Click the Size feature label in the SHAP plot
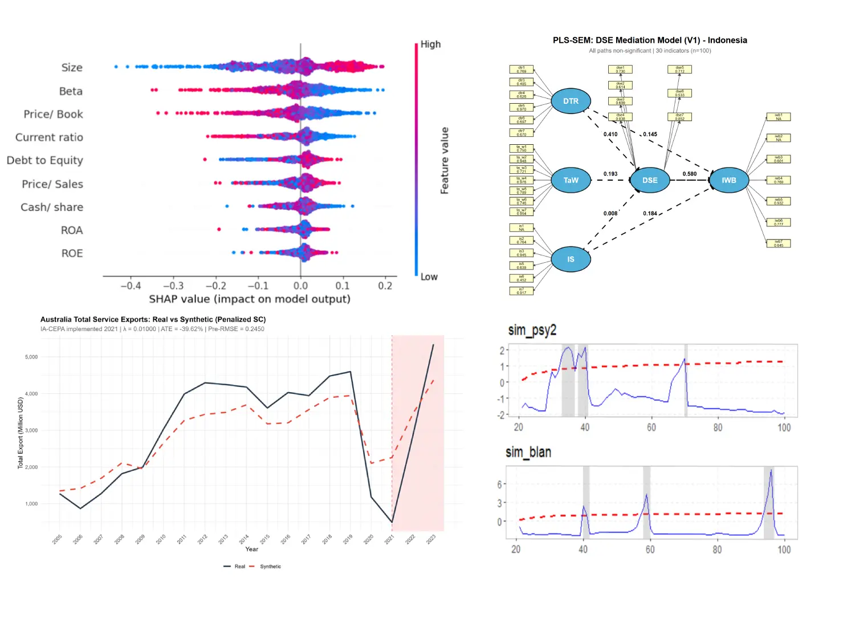click(72, 67)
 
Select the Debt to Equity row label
click(45, 160)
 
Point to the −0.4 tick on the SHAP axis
click(131, 286)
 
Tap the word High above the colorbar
click(430, 44)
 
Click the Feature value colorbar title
click(445, 161)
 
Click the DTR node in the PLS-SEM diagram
click(571, 101)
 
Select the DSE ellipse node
click(650, 180)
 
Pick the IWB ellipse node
click(728, 180)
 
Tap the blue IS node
click(571, 259)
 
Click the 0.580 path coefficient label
click(689, 174)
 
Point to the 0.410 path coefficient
click(610, 135)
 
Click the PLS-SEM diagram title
click(650, 40)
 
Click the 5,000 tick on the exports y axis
click(31, 357)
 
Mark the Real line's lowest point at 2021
click(392, 522)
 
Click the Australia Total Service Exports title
click(153, 319)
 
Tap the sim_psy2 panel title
click(532, 330)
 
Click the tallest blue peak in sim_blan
click(771, 471)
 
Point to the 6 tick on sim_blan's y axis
click(500, 484)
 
